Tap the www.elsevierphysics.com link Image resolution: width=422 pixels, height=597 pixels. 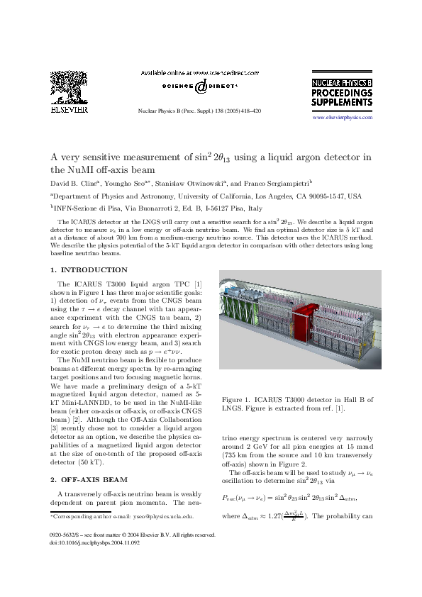[343, 117]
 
